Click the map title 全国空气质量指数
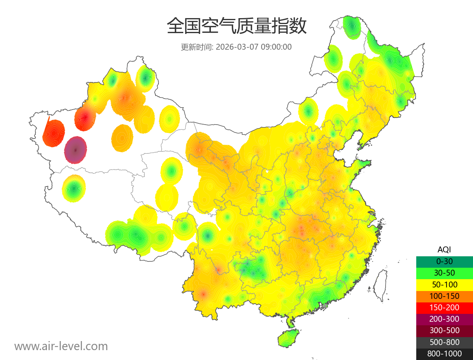236,26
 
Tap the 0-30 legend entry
444,261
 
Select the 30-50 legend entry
444,273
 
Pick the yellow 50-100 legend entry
444,284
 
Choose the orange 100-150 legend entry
444,296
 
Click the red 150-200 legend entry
444,308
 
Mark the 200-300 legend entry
444,319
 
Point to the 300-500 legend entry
444,330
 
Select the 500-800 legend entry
444,342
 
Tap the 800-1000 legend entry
444,354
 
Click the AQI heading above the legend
444,250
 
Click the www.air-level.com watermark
61,346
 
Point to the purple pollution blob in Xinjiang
76,150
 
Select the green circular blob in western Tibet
74,188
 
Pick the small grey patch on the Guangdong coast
325,306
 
